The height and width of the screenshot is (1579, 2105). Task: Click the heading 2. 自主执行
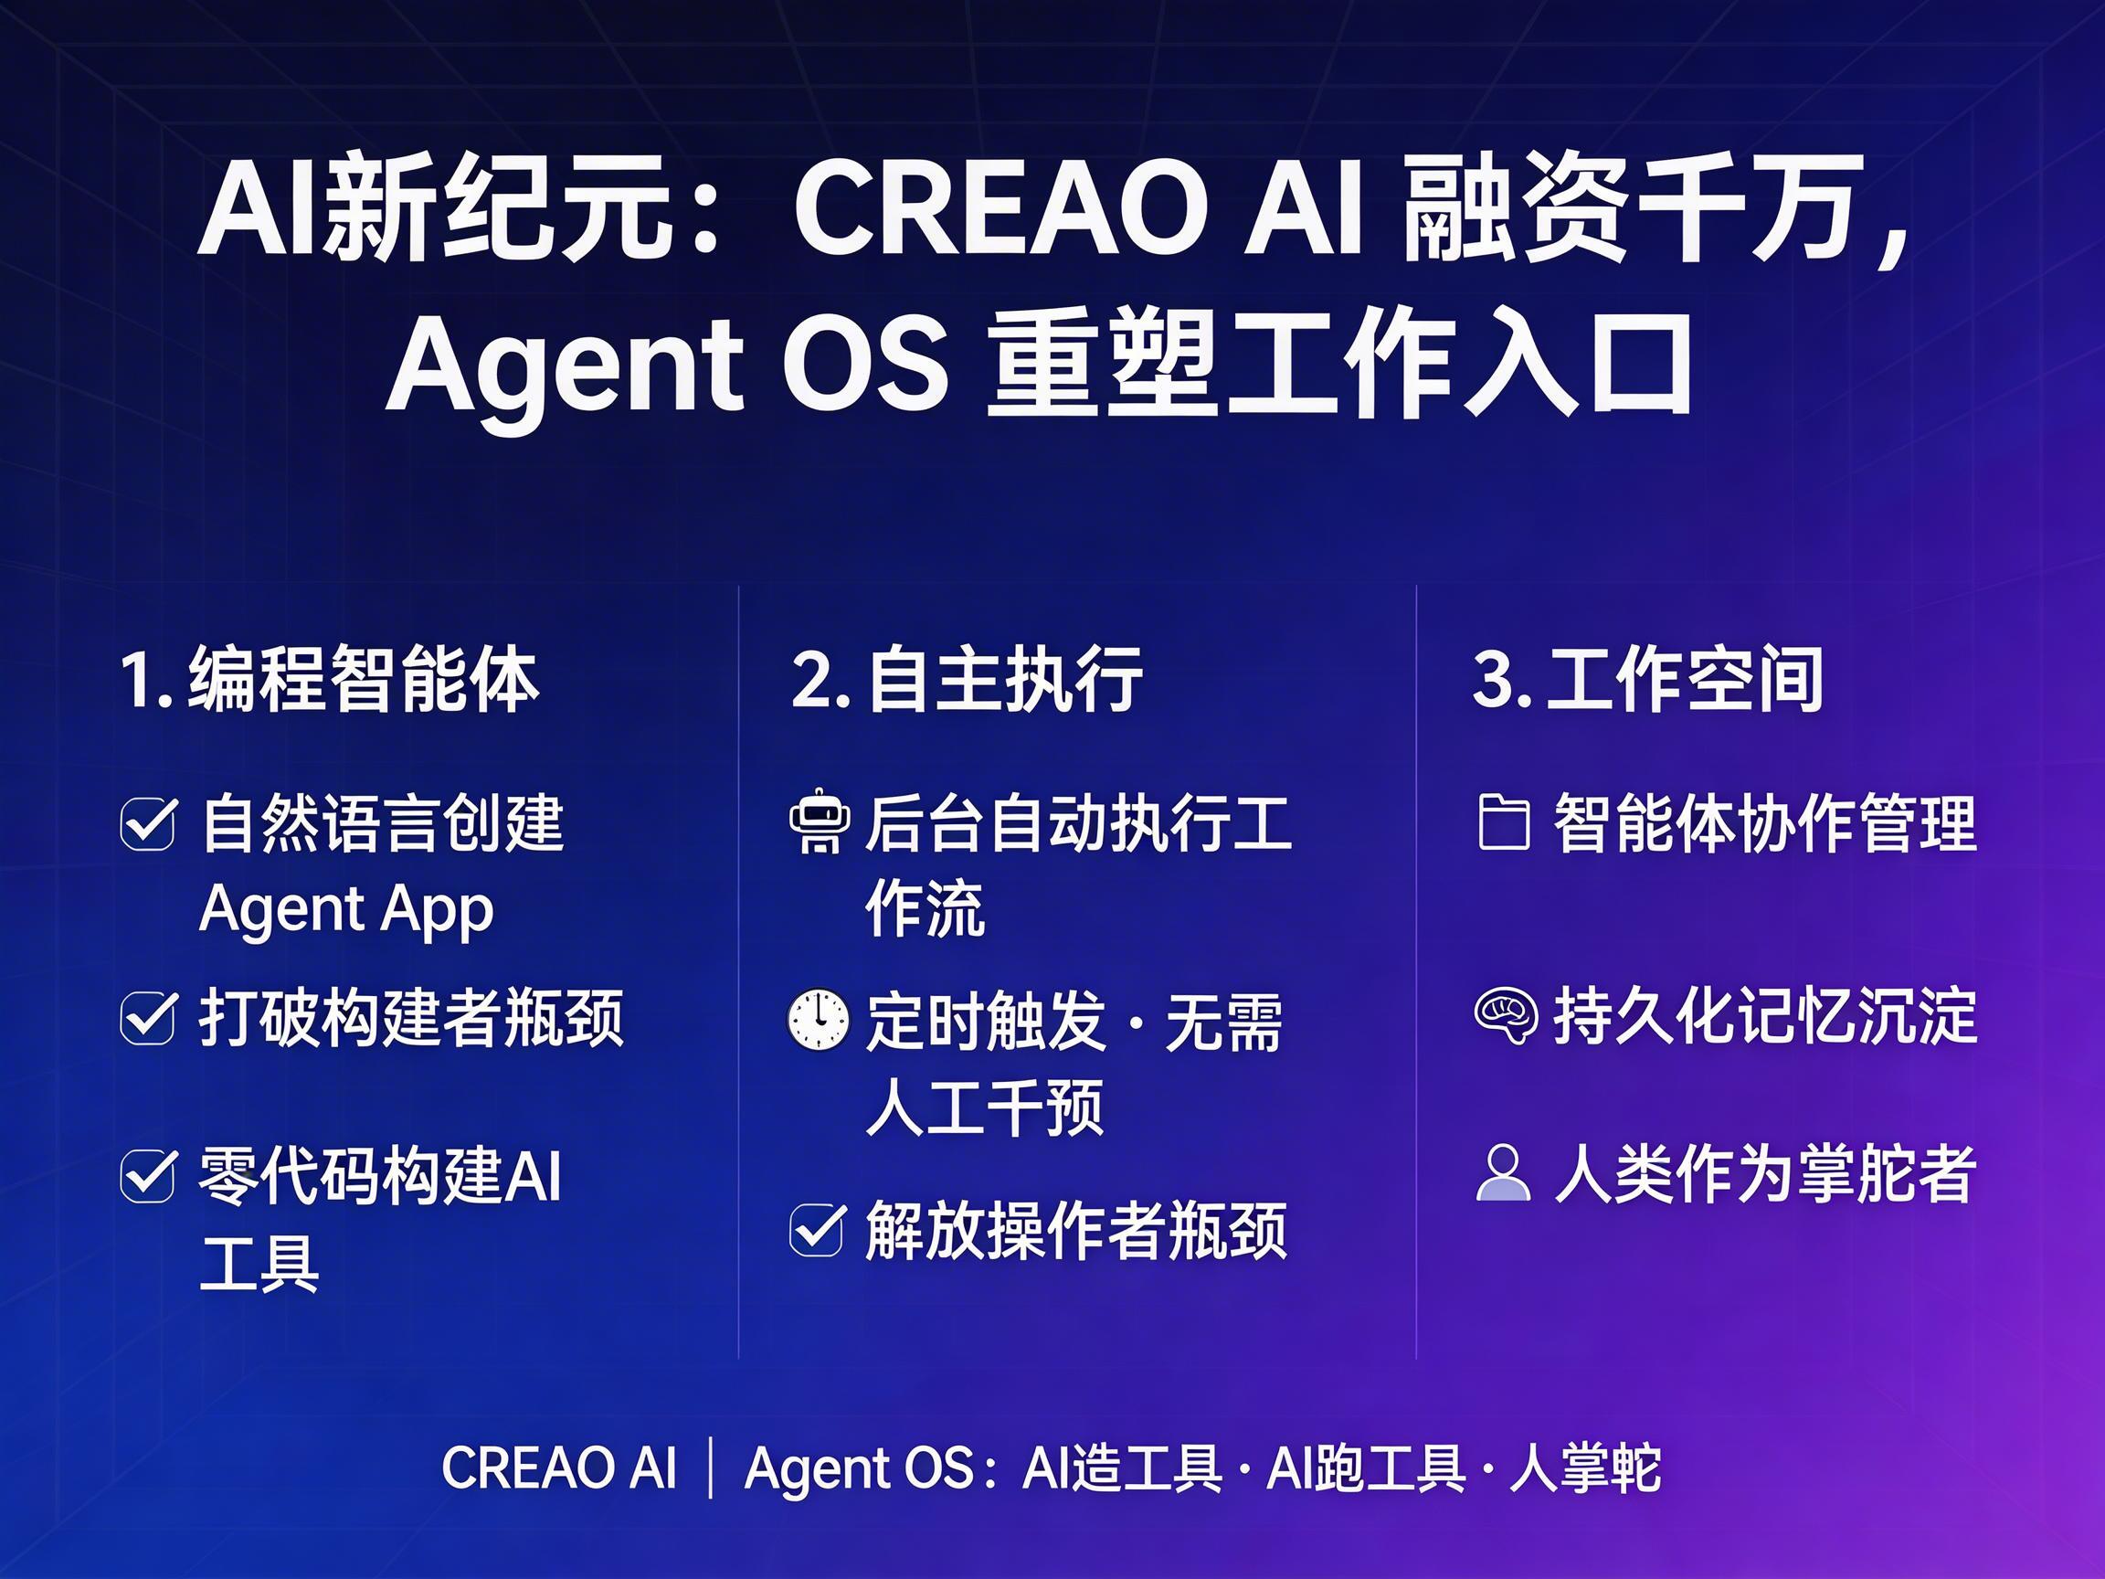(967, 679)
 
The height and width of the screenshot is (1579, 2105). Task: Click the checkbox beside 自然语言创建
(148, 823)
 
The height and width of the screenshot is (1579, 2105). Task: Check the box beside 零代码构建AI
(148, 1176)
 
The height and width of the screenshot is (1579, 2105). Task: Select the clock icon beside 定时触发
(819, 1021)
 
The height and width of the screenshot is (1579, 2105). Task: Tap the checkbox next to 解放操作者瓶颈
(818, 1231)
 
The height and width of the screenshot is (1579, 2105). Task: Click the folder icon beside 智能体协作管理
(1504, 823)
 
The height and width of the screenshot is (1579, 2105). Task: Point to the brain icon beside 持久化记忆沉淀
(1506, 1017)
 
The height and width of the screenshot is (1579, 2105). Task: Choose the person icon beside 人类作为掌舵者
(1504, 1173)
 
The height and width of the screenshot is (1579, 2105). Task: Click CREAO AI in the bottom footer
(559, 1468)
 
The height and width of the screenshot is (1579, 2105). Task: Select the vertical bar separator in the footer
(711, 1468)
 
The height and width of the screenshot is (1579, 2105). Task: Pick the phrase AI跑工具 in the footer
(1366, 1468)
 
